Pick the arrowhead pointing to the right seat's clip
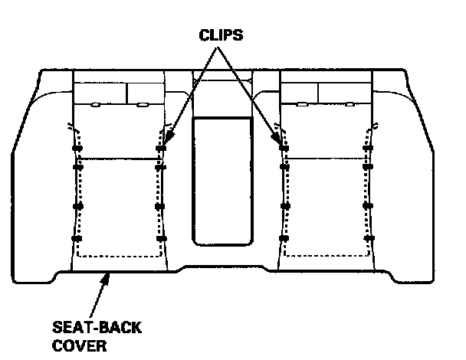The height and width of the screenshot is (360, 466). pos(278,139)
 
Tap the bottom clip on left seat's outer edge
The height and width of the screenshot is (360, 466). pos(75,240)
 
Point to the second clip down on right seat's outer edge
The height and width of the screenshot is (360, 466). pos(368,165)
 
